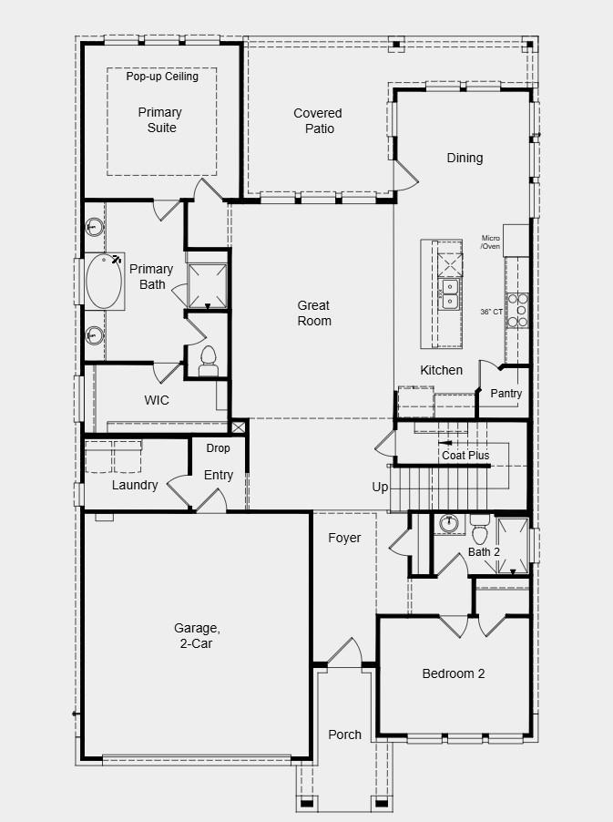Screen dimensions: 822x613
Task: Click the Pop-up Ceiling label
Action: point(161,77)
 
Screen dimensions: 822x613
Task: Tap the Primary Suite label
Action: point(160,120)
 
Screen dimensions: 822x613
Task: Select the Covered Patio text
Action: point(318,120)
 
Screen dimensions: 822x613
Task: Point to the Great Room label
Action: point(313,313)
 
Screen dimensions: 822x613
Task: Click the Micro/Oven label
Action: point(491,241)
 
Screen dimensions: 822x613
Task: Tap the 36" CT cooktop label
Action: point(491,312)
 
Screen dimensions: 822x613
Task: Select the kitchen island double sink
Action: point(449,293)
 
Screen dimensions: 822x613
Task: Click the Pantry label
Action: point(506,394)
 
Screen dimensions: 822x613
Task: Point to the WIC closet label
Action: point(157,400)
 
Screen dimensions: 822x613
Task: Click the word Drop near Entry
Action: point(218,448)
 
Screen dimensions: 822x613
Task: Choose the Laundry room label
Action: point(135,485)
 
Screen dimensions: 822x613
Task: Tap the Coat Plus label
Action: point(465,455)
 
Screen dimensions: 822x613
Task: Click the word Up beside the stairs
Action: point(380,488)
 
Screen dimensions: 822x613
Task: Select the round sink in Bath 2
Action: point(447,524)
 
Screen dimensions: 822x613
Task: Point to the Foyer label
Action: point(344,538)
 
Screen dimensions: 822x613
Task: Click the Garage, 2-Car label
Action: point(196,635)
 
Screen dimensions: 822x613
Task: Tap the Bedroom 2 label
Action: point(453,673)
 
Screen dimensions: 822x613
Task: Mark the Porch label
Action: point(344,735)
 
